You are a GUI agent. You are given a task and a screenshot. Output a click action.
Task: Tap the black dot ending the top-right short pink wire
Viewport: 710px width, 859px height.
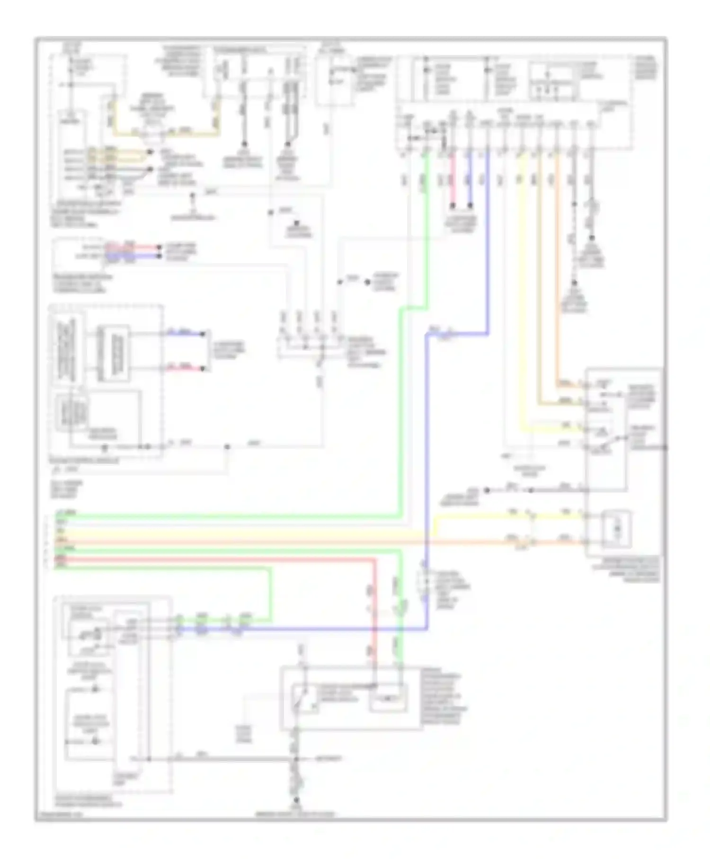pyautogui.click(x=453, y=206)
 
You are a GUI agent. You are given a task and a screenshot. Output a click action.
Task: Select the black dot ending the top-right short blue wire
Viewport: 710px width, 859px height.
pyautogui.click(x=470, y=206)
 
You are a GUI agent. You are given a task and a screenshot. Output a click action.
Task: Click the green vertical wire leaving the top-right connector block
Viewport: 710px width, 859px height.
pyautogui.click(x=427, y=227)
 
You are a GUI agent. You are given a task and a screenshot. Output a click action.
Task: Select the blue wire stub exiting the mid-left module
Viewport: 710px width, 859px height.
pyautogui.click(x=185, y=334)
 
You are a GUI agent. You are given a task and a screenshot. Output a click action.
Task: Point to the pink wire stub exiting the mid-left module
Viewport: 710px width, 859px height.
pyautogui.click(x=185, y=368)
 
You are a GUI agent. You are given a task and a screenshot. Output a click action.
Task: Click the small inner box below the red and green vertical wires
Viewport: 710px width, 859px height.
pyautogui.click(x=388, y=698)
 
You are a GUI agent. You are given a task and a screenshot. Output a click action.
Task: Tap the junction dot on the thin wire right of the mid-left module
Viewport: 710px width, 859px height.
pyautogui.click(x=227, y=446)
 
